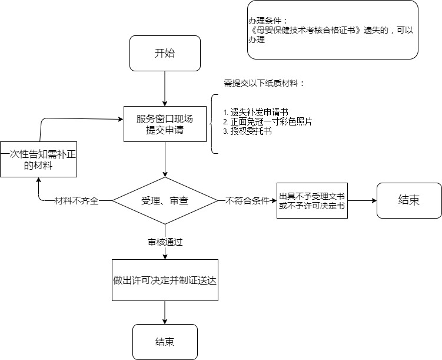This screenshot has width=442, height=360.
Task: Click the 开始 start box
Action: (165, 54)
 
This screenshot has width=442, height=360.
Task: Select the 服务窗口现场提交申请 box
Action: (165, 124)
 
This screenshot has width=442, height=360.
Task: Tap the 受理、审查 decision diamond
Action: (165, 200)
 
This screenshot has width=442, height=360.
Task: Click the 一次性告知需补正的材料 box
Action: (39, 159)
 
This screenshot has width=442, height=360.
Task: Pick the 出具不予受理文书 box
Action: (312, 200)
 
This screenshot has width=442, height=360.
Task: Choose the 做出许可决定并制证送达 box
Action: (165, 280)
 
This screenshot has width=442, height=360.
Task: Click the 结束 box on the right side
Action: (409, 200)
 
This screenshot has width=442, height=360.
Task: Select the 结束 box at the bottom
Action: (165, 342)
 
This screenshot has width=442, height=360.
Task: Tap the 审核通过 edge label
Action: (165, 242)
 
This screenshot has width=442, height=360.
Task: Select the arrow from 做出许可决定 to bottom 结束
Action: (165, 312)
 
